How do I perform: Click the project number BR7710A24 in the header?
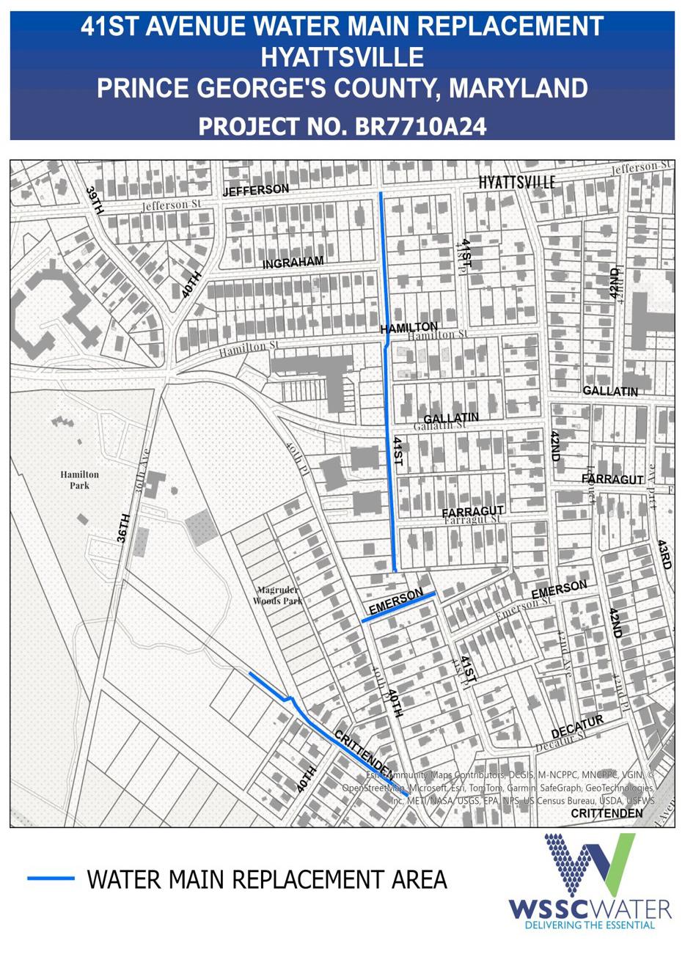(420, 125)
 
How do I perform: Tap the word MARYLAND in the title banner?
(518, 88)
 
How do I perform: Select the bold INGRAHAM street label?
(293, 263)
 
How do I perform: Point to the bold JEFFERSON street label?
(255, 190)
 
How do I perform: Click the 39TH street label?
(95, 200)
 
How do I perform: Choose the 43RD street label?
(664, 555)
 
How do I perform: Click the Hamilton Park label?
(79, 480)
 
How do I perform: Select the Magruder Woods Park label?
(278, 596)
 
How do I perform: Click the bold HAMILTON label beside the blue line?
(409, 328)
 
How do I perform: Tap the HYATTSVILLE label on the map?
(517, 182)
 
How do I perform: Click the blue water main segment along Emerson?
(400, 607)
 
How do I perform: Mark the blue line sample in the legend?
(51, 878)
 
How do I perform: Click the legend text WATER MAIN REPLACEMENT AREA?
(267, 879)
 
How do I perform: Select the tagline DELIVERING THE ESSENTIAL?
(590, 925)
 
